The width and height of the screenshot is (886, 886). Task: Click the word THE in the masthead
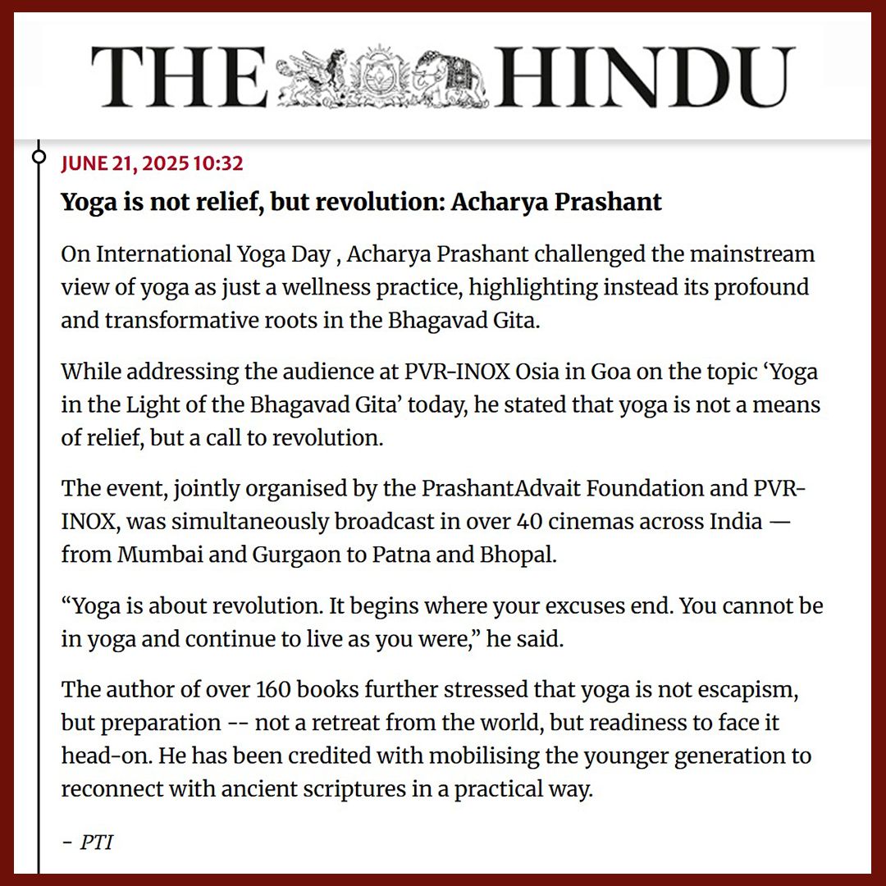pos(179,79)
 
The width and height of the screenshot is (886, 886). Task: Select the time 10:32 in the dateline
pos(218,163)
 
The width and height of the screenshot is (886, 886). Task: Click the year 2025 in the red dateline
pos(165,163)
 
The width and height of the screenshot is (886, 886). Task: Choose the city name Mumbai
pos(153,555)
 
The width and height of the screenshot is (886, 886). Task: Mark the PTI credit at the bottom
pos(96,843)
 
